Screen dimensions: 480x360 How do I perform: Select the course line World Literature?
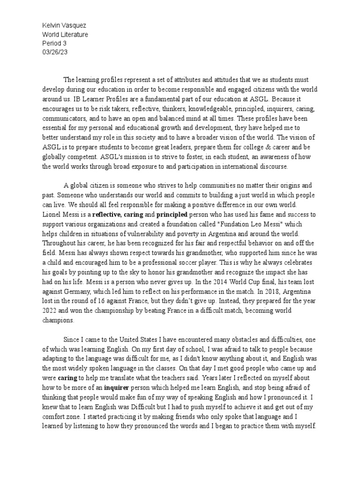click(x=65, y=35)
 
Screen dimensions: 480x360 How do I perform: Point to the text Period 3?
click(x=54, y=43)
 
